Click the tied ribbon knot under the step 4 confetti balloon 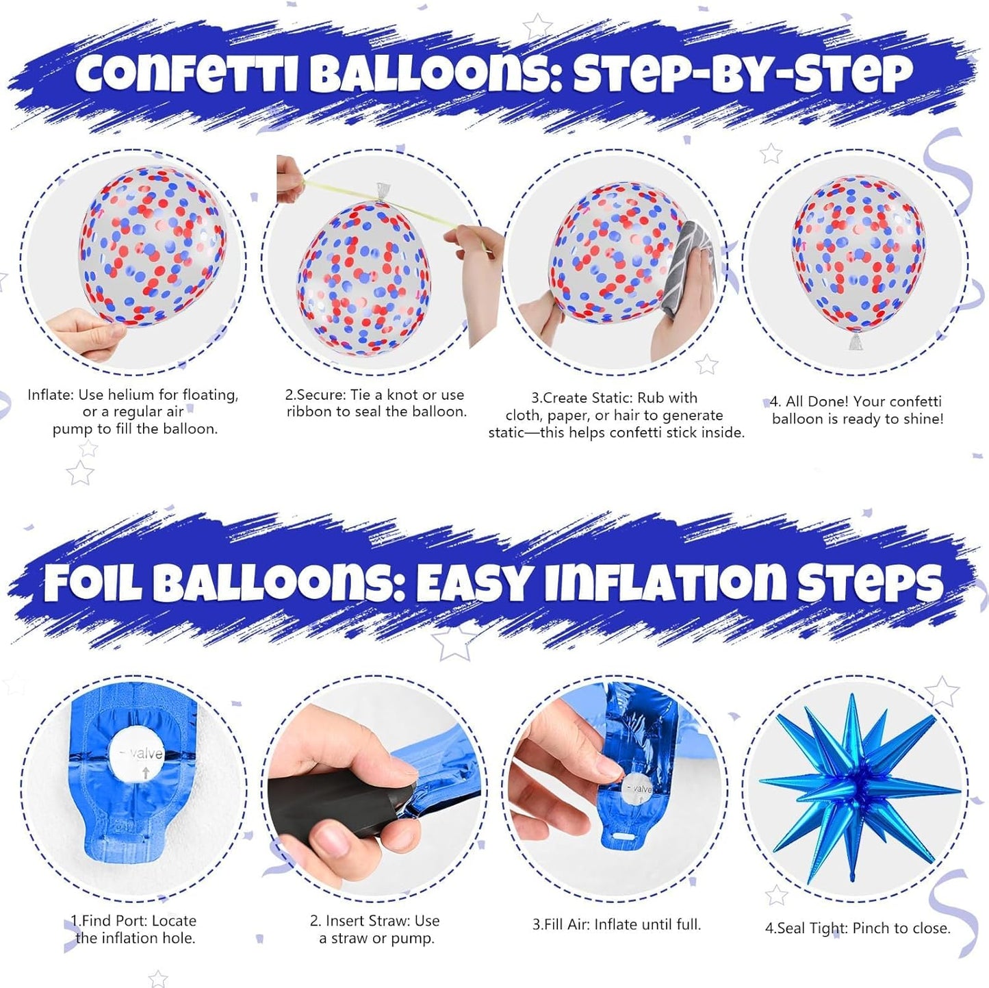(x=856, y=342)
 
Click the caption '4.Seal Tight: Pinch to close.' (x=858, y=928)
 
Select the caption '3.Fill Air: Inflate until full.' (x=617, y=924)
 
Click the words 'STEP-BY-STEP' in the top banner (x=743, y=73)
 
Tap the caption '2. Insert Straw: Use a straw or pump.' (x=375, y=930)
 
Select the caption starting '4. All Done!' (x=856, y=410)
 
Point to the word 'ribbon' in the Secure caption (x=309, y=412)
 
